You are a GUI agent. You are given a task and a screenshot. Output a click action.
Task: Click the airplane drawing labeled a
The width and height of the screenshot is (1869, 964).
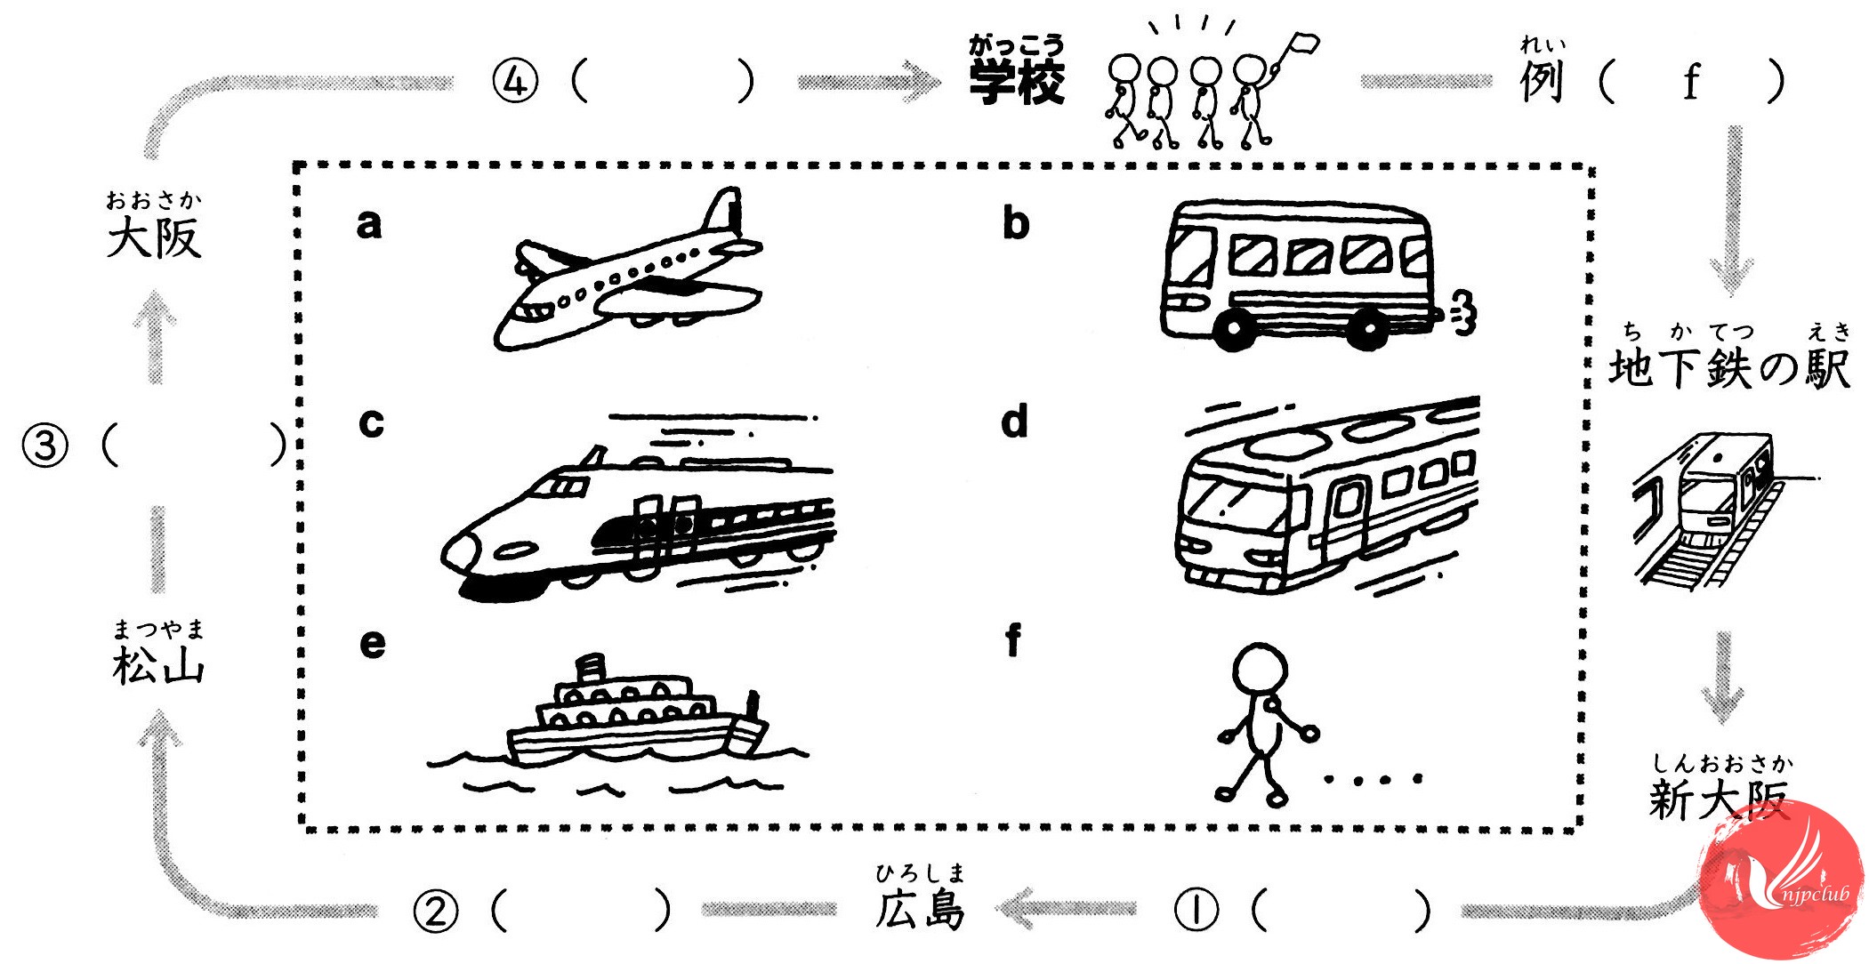627,271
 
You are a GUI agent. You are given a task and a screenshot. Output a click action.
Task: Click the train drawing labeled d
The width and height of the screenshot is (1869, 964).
1325,498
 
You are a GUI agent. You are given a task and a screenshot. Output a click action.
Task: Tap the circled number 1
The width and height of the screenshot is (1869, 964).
1196,910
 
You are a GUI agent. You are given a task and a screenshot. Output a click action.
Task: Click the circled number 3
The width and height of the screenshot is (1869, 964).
44,445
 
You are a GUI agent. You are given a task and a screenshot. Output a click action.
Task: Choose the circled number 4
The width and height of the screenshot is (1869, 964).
516,83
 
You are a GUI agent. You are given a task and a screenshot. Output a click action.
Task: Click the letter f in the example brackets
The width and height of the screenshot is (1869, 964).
1690,83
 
